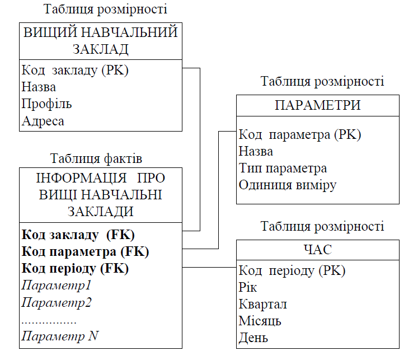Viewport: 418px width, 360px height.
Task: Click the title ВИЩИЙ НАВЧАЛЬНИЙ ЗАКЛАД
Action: coord(101,40)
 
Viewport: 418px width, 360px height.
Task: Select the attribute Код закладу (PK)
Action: coord(76,71)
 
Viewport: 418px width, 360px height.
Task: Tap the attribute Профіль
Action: coord(47,104)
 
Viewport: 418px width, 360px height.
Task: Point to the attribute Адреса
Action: coord(43,121)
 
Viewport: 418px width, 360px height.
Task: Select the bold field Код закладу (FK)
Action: coord(79,235)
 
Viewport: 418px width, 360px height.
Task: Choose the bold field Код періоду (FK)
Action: coord(76,268)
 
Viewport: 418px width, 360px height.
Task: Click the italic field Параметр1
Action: coord(57,286)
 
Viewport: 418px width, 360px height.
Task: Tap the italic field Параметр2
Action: coord(57,303)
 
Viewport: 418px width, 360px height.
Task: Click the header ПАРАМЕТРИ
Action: coord(317,105)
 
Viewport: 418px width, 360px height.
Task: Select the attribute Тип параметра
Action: coord(283,168)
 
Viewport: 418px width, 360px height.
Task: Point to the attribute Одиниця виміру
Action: coord(288,185)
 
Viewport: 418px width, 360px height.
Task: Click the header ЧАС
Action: coord(317,249)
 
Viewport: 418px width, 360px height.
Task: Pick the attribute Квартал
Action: coord(263,305)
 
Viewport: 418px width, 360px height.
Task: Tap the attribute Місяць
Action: coord(260,321)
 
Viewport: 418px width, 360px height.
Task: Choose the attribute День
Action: coord(253,338)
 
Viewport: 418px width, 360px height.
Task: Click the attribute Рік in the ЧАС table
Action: coord(248,288)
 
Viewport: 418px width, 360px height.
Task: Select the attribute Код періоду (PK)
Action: coord(292,271)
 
